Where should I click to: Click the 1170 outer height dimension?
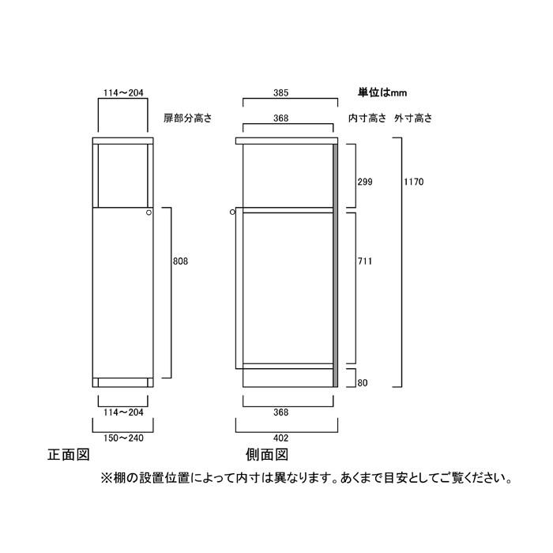[414, 182]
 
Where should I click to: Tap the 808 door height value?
[181, 261]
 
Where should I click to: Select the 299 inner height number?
[365, 182]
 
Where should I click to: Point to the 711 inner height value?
[365, 261]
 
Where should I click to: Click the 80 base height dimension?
[363, 383]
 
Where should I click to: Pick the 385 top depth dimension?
[281, 92]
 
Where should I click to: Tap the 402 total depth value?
[281, 438]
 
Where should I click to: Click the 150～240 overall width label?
[123, 438]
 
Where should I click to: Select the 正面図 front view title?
[69, 454]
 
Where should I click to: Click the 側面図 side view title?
[267, 454]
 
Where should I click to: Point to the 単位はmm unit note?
[382, 92]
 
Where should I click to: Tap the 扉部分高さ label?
[188, 118]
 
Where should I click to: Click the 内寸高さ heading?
[367, 118]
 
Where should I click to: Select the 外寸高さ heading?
[413, 118]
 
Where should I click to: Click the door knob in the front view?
[149, 213]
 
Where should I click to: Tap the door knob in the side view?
[232, 212]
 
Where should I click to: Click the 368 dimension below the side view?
[281, 412]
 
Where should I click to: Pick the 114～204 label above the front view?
[123, 92]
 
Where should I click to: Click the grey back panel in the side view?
[336, 265]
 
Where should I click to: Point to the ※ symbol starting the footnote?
[106, 479]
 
